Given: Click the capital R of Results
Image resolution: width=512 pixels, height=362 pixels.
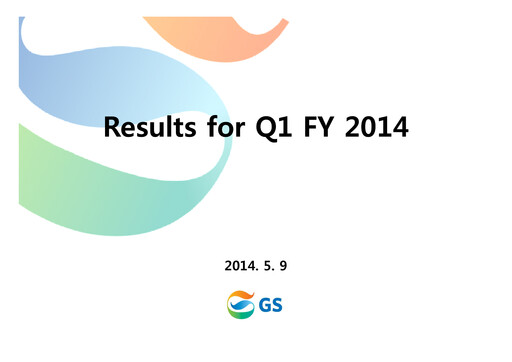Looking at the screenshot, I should pyautogui.click(x=113, y=128).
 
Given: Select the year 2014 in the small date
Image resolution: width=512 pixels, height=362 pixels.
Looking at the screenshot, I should pyautogui.click(x=240, y=265).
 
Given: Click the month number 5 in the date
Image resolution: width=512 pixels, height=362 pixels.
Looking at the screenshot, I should pyautogui.click(x=267, y=265).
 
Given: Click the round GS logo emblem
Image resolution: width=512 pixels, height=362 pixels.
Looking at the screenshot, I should pyautogui.click(x=241, y=302).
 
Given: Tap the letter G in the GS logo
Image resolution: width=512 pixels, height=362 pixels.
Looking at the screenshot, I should pyautogui.click(x=266, y=302).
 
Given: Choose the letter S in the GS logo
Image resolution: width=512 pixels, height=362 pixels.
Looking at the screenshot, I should pyautogui.click(x=277, y=302).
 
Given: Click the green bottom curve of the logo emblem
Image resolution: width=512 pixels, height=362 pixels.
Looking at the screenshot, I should pyautogui.click(x=241, y=311).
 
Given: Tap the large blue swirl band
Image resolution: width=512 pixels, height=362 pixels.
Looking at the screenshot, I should pyautogui.click(x=90, y=85).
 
